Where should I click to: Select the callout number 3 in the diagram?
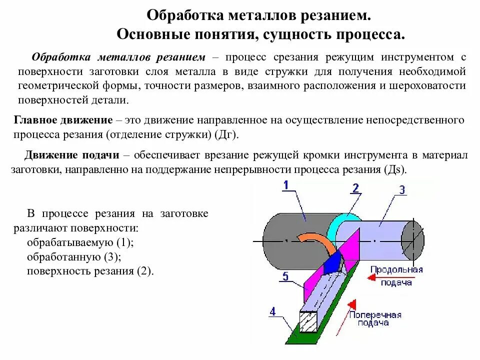401,189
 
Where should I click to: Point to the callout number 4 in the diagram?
272,312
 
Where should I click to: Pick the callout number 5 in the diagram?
285,275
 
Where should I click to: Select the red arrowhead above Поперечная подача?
352,304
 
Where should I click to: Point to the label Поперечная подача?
375,319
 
